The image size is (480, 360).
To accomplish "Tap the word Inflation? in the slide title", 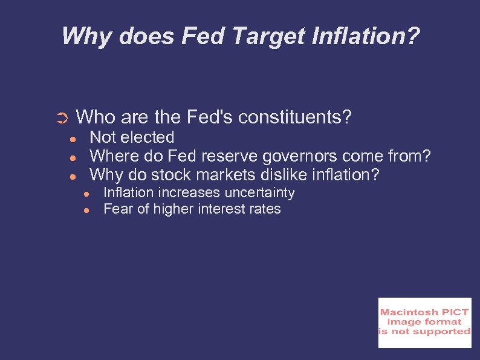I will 368,36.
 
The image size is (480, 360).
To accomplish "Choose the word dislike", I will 290,175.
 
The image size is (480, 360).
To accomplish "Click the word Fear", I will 118,209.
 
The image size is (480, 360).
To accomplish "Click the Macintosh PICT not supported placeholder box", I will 424,322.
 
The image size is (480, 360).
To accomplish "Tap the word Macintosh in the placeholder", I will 404,312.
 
